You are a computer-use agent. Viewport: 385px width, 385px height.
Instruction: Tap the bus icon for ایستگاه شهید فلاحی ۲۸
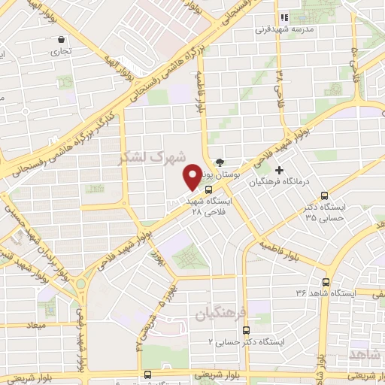[208, 189]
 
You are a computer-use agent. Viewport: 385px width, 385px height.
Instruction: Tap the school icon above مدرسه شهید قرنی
[284, 17]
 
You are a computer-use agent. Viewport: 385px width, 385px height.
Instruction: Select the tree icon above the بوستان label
[220, 161]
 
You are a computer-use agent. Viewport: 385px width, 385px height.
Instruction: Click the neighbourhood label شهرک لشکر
[145, 159]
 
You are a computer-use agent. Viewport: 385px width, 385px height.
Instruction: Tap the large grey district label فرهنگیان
[216, 311]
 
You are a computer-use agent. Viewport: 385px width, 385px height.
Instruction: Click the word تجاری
[59, 53]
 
